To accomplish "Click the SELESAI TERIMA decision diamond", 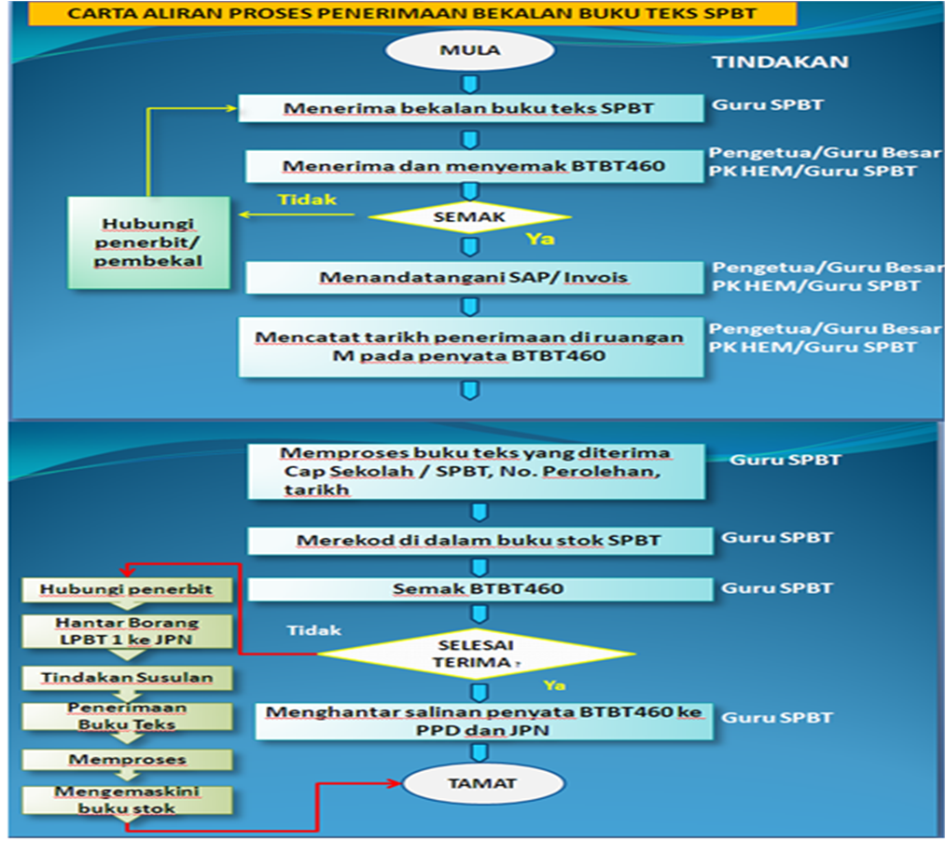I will pyautogui.click(x=476, y=653).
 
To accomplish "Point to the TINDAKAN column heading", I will pyautogui.click(x=780, y=62).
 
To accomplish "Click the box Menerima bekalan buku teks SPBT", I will pyautogui.click(x=469, y=108).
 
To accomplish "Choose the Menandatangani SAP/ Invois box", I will pyautogui.click(x=474, y=278).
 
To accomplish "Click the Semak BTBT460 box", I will pyautogui.click(x=479, y=589).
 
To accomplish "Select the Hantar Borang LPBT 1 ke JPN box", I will pyautogui.click(x=126, y=630).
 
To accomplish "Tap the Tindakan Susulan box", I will pyautogui.click(x=126, y=677).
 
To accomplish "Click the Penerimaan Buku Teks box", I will pyautogui.click(x=126, y=715).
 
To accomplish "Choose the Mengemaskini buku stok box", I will pyautogui.click(x=126, y=800).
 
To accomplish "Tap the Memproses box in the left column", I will pyautogui.click(x=126, y=759).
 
